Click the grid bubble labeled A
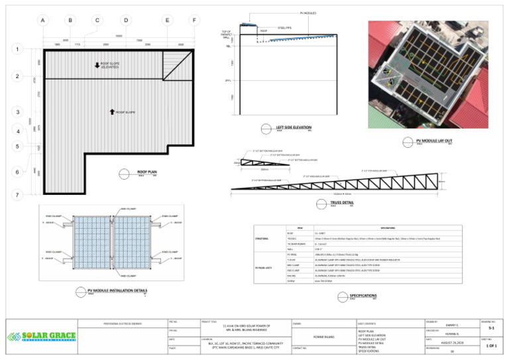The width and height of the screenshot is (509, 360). (42, 21)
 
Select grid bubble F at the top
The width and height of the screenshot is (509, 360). (194, 21)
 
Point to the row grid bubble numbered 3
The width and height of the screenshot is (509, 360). (17, 112)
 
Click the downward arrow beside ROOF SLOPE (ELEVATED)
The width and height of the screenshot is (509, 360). (97, 66)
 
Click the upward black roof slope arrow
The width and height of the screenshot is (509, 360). (112, 112)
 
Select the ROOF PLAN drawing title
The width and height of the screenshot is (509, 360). (146, 171)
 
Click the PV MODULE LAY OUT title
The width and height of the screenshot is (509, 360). (434, 141)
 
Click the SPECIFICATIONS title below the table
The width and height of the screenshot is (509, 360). (363, 295)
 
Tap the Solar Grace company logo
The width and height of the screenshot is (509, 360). (41, 336)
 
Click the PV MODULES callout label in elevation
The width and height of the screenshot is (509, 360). (310, 13)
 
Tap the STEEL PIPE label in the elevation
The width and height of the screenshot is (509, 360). (285, 28)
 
